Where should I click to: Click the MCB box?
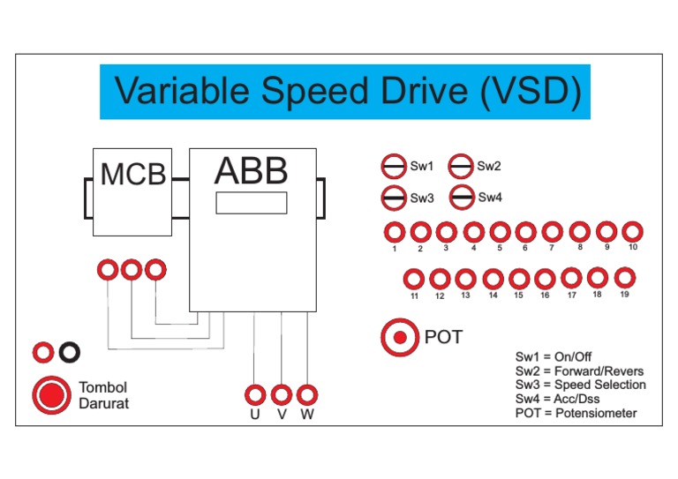132,191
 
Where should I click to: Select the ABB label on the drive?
252,171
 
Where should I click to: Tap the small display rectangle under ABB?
252,203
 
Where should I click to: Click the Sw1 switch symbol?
393,166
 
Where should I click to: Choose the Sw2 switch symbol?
461,165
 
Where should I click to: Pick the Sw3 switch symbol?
393,198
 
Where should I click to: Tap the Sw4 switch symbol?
461,198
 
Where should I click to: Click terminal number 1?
394,232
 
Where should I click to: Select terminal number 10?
632,232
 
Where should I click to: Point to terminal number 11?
414,280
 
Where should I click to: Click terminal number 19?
624,279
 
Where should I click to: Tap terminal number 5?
500,232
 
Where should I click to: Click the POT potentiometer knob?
401,337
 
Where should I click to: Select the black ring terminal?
69,353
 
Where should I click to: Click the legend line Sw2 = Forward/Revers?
579,370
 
